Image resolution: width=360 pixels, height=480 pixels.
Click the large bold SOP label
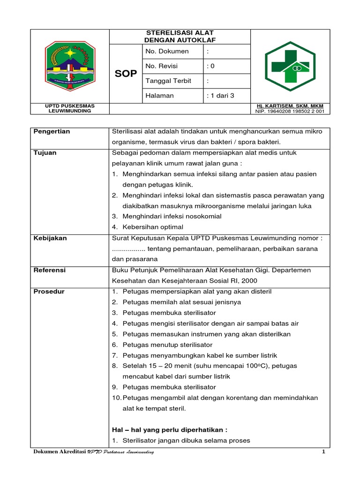(126, 74)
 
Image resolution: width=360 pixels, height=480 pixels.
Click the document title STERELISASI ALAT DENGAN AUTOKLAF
(180, 36)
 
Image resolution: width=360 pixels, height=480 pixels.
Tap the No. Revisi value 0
(212, 66)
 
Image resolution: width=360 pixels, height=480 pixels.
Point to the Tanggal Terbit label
(168, 81)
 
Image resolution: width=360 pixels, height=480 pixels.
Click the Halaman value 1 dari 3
(220, 96)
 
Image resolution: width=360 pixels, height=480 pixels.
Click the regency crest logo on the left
(70, 66)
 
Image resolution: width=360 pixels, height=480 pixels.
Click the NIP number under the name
(290, 111)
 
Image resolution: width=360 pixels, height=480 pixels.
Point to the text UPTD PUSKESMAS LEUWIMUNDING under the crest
(70, 108)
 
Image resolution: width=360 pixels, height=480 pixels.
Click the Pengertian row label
(52, 131)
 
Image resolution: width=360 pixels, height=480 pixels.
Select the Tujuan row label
(45, 153)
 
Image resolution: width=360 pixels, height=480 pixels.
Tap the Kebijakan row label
(50, 238)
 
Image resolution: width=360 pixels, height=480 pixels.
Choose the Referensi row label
(50, 270)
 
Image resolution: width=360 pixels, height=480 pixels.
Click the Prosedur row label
(49, 292)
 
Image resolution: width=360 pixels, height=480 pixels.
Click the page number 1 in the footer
(323, 451)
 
